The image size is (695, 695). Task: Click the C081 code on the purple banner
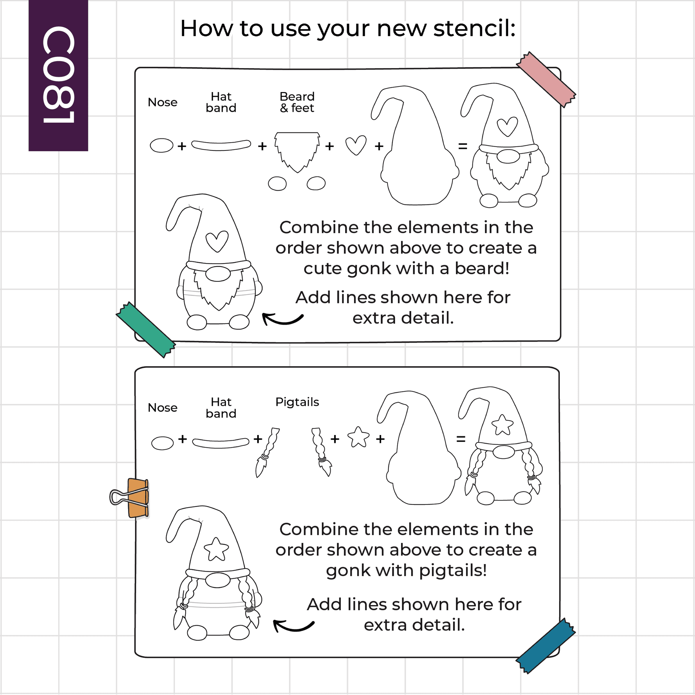click(59, 74)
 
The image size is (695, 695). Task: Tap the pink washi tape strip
click(546, 80)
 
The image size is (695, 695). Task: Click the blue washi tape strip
click(546, 646)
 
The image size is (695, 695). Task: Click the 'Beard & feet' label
click(297, 102)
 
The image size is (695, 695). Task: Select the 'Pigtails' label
click(297, 402)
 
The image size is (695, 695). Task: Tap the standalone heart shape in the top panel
click(356, 145)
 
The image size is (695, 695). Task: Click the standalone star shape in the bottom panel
click(359, 437)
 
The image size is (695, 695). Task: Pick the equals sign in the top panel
click(463, 146)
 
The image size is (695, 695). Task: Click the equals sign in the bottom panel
click(461, 439)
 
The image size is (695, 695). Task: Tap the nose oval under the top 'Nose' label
click(162, 145)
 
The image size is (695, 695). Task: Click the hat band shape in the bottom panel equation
click(221, 443)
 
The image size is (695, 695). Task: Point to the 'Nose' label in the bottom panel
click(163, 408)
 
